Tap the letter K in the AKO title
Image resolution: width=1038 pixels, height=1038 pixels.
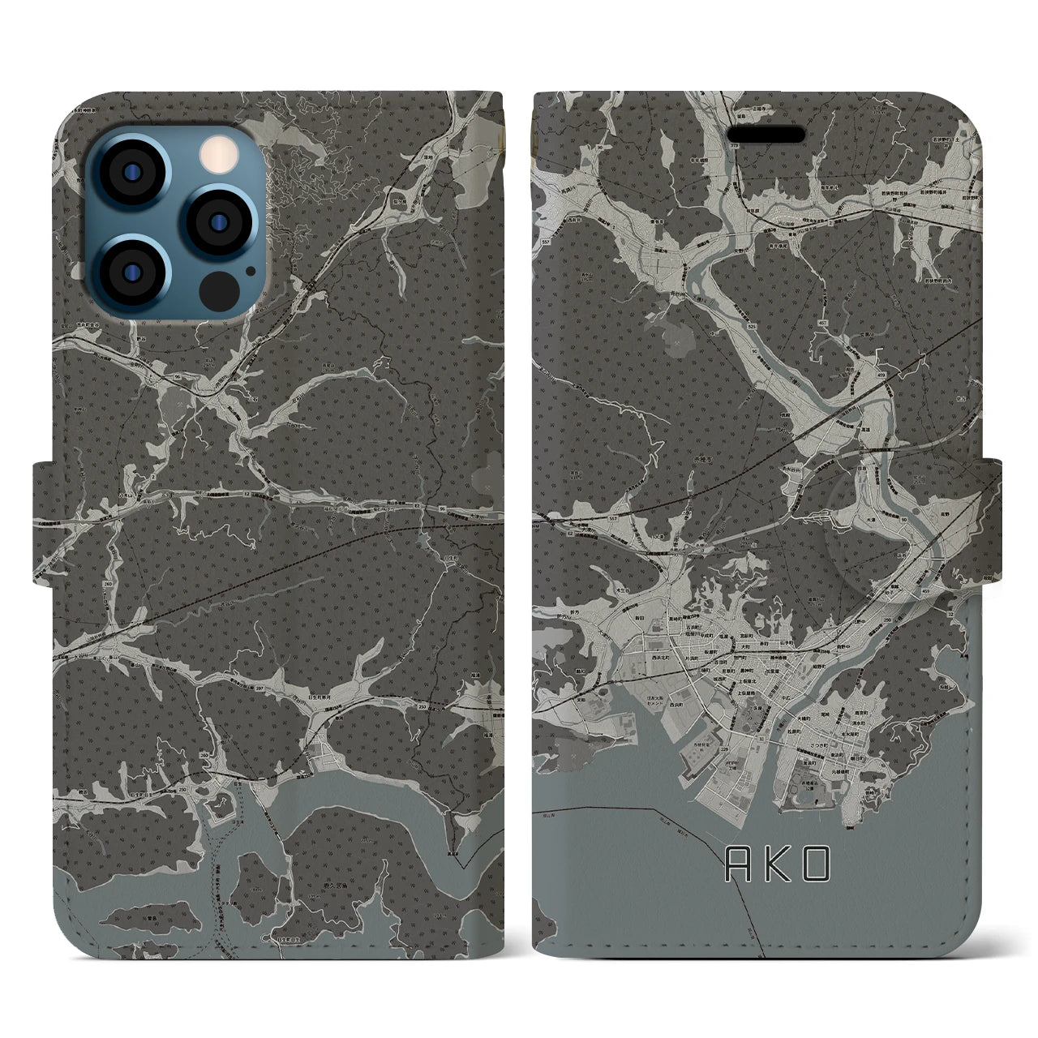776,865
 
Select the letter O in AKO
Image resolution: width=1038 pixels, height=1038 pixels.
817,865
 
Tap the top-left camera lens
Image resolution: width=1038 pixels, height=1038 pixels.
132,174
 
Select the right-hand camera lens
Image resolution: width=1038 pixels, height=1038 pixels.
213,221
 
